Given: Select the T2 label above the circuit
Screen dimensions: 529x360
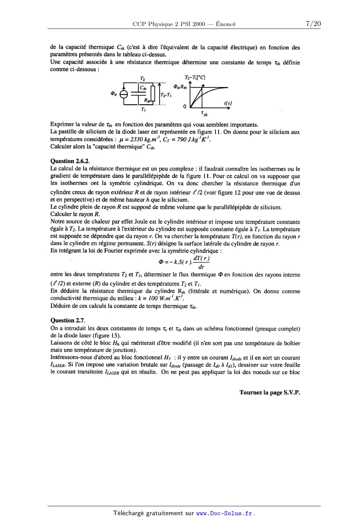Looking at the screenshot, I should (x=142, y=78).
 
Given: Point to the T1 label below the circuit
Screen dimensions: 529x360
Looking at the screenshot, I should (x=143, y=109).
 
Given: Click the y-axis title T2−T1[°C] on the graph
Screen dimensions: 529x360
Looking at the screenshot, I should (x=195, y=77).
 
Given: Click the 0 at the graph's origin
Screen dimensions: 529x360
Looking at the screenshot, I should (x=185, y=107).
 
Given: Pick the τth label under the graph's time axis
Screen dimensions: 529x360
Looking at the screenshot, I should (x=204, y=113).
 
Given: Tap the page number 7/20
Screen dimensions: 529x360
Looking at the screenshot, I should (x=313, y=24).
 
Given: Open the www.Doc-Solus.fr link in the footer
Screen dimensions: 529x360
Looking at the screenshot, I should (x=224, y=513).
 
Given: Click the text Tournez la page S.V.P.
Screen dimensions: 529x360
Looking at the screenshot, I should (x=270, y=392).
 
